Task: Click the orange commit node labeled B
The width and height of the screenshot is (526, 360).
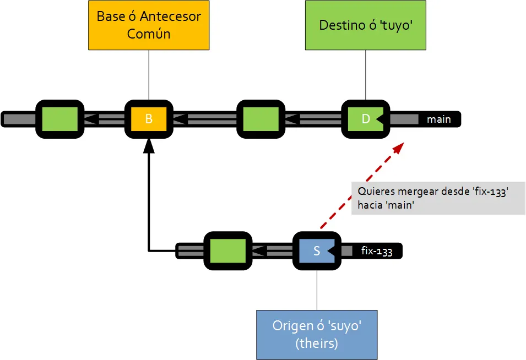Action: click(x=149, y=118)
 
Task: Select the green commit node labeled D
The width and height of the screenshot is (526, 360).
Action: click(x=365, y=118)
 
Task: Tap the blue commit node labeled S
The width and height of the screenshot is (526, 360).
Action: click(x=317, y=251)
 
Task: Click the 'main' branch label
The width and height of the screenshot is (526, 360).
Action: click(x=438, y=119)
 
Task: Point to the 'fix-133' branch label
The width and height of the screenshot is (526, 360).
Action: click(x=377, y=252)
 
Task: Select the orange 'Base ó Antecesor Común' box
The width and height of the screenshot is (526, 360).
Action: click(x=149, y=25)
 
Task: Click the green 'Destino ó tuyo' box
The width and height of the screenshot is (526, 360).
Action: click(x=366, y=25)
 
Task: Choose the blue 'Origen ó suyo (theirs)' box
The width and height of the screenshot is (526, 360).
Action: click(x=317, y=334)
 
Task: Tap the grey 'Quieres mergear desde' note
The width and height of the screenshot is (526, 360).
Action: click(x=438, y=198)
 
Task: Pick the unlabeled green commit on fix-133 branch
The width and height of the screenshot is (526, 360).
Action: click(x=227, y=251)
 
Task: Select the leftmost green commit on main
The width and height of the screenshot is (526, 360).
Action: click(x=59, y=118)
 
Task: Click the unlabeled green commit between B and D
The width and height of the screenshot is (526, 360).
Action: click(x=261, y=118)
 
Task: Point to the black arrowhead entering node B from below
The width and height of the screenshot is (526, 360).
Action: click(x=149, y=145)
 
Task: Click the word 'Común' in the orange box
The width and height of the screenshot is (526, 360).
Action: click(x=149, y=34)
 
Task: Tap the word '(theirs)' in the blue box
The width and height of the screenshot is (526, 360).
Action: click(x=317, y=343)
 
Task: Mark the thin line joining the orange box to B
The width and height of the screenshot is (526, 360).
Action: click(x=149, y=74)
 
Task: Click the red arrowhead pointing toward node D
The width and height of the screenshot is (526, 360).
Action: click(x=399, y=146)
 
